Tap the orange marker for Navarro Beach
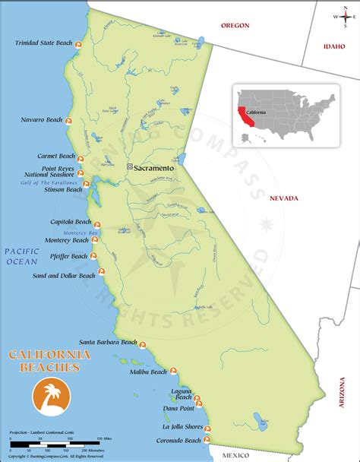click(x=68, y=122)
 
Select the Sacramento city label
click(x=153, y=167)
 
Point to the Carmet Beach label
click(x=58, y=156)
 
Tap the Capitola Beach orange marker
click(x=97, y=225)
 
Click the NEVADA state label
click(x=284, y=198)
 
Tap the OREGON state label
click(x=235, y=25)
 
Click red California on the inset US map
click(x=242, y=114)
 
